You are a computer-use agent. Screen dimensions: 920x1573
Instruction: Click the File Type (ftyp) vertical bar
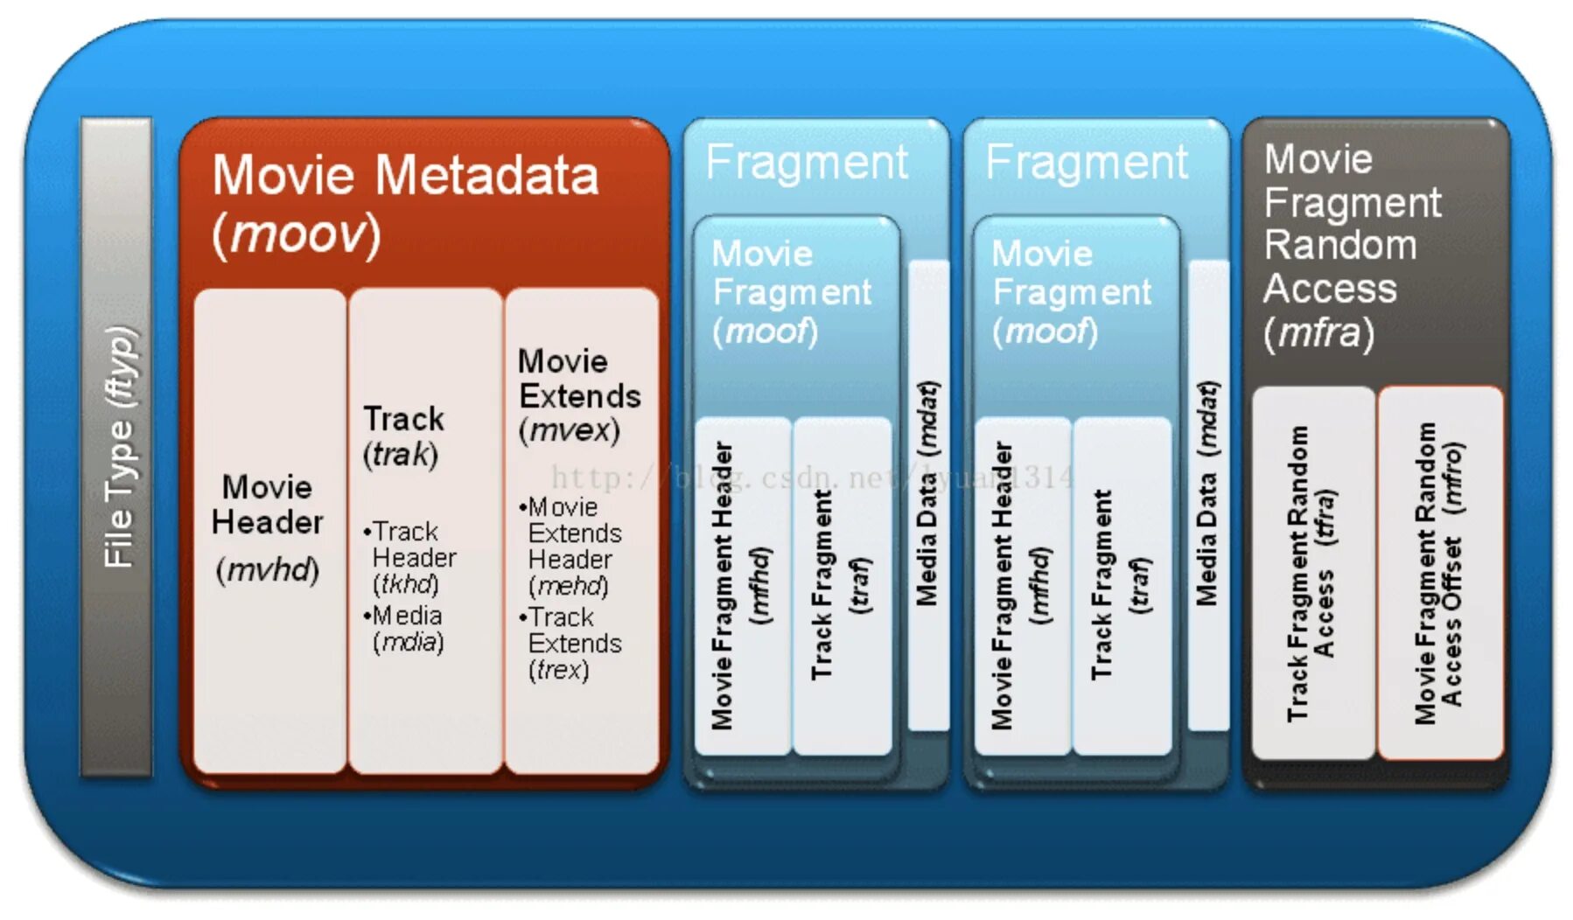point(116,446)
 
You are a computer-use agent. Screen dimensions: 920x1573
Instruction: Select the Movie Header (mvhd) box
point(268,529)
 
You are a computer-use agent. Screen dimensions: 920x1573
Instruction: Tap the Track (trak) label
point(403,436)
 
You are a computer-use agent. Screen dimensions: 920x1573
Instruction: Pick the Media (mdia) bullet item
point(408,628)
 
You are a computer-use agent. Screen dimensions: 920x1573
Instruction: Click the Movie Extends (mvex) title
point(577,395)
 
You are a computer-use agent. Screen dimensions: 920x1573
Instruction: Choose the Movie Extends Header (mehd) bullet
point(574,546)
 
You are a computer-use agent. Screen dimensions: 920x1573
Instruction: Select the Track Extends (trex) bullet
point(573,643)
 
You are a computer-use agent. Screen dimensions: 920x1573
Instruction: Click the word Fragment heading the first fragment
point(807,163)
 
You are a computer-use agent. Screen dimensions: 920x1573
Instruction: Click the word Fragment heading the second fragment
point(1087,163)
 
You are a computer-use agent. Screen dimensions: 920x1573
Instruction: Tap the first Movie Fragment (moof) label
point(791,292)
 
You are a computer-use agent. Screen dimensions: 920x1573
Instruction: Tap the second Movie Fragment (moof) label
point(1071,292)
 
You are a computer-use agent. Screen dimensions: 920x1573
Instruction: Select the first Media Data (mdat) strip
point(927,494)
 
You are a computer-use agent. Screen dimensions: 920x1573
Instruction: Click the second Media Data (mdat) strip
point(1207,494)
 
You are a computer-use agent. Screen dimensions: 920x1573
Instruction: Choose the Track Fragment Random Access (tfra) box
point(1312,573)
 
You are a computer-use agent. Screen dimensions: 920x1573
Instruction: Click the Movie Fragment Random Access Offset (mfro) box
point(1440,573)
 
